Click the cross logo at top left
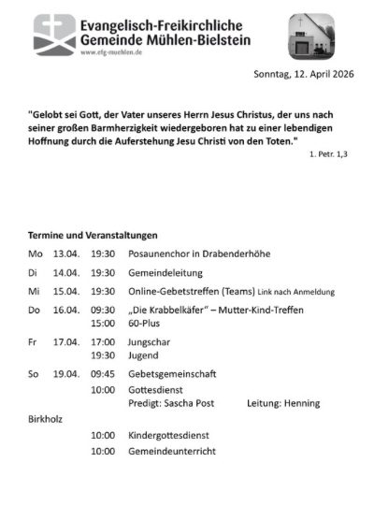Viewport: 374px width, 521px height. click(54, 35)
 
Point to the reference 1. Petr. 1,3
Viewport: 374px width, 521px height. click(329, 152)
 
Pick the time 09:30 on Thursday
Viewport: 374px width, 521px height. click(103, 310)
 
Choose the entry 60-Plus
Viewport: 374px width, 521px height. click(145, 323)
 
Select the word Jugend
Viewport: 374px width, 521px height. click(144, 355)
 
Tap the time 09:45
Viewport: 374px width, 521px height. click(103, 374)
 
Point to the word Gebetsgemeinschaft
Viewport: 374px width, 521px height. click(172, 374)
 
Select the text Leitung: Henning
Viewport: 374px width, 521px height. click(283, 403)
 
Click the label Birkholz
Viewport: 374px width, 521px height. click(45, 419)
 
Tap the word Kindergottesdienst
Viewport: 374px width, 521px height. click(169, 435)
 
